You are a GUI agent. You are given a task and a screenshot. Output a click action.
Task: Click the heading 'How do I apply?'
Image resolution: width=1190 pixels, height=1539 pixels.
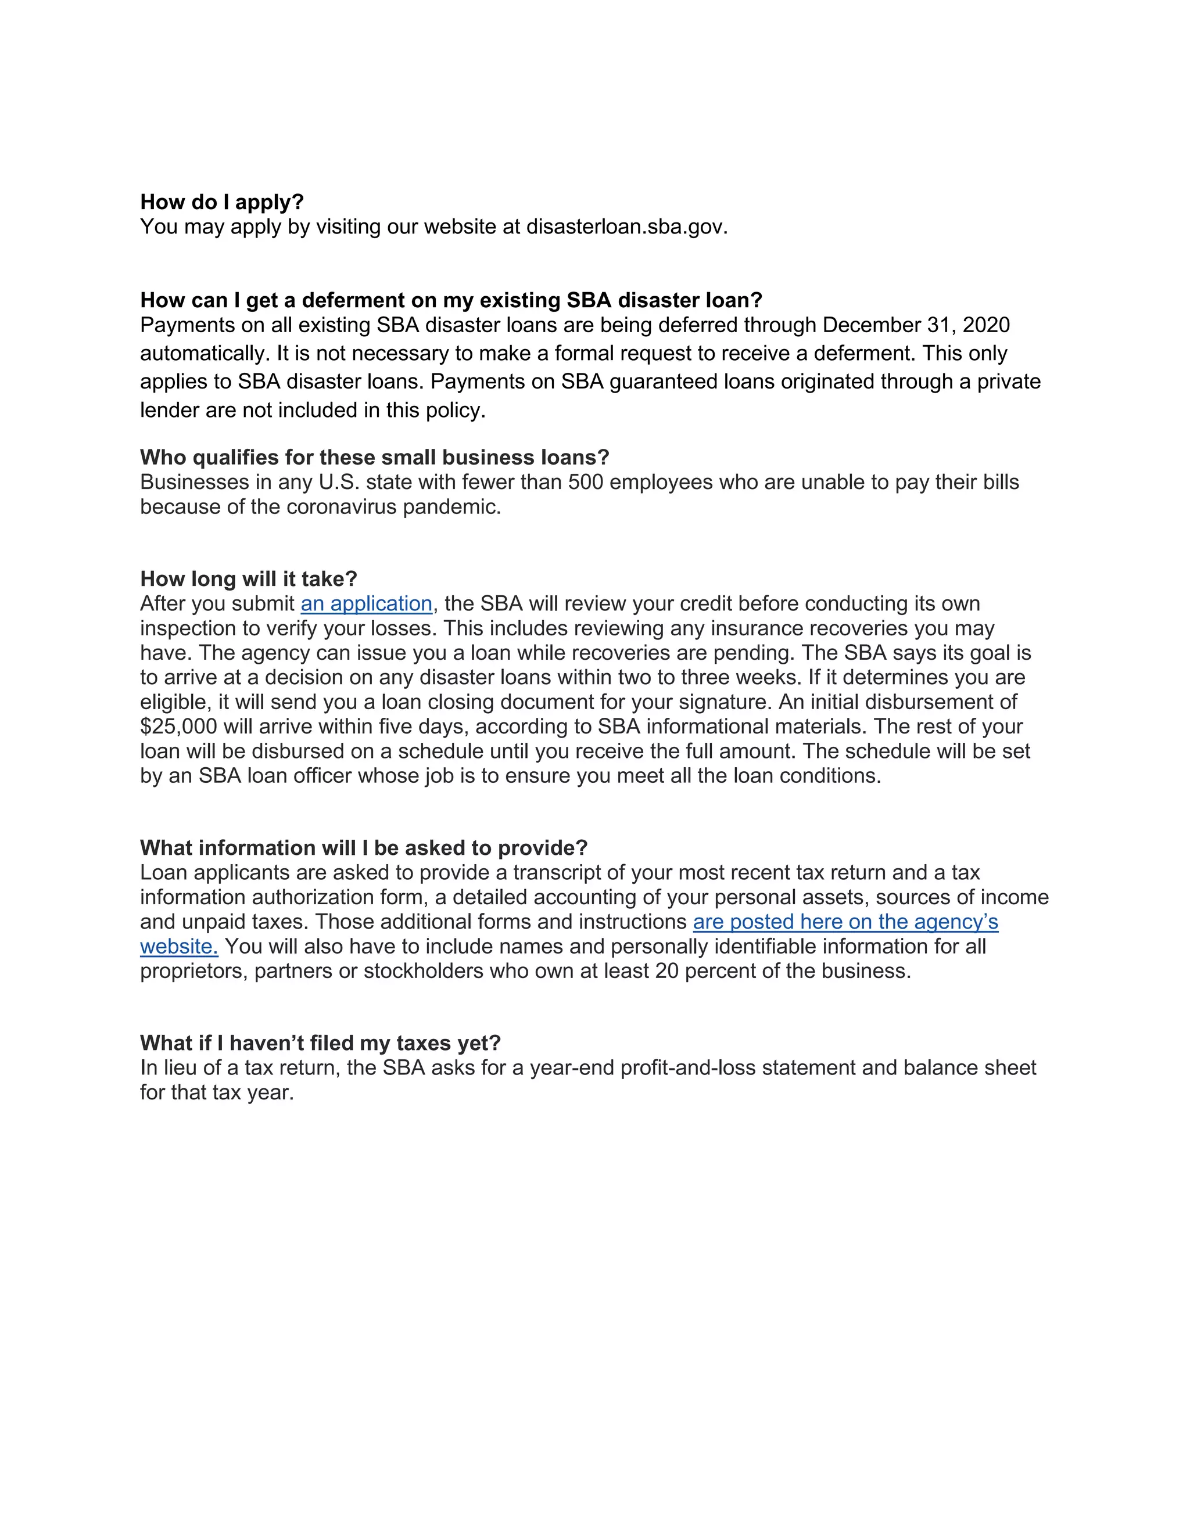point(221,202)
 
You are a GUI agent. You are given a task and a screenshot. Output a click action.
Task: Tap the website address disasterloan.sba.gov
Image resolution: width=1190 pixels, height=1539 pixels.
point(626,227)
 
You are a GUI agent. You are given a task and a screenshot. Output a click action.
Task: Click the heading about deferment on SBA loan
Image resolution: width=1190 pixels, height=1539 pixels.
point(451,300)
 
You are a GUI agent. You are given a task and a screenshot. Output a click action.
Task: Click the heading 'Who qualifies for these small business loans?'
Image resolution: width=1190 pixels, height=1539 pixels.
point(374,457)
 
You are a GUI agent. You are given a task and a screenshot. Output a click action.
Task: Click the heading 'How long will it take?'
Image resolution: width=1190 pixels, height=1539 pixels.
point(248,578)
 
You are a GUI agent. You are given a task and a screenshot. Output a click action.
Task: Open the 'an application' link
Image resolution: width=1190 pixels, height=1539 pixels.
point(366,604)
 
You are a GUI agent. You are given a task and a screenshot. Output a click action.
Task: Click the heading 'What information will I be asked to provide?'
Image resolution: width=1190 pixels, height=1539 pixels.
point(364,848)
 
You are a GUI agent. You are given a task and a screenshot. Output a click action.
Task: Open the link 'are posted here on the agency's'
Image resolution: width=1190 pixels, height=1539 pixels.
point(845,922)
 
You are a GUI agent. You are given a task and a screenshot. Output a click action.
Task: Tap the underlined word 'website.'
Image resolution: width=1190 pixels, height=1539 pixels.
point(179,947)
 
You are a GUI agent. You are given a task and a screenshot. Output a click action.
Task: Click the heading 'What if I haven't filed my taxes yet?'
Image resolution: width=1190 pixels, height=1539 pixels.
point(320,1043)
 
